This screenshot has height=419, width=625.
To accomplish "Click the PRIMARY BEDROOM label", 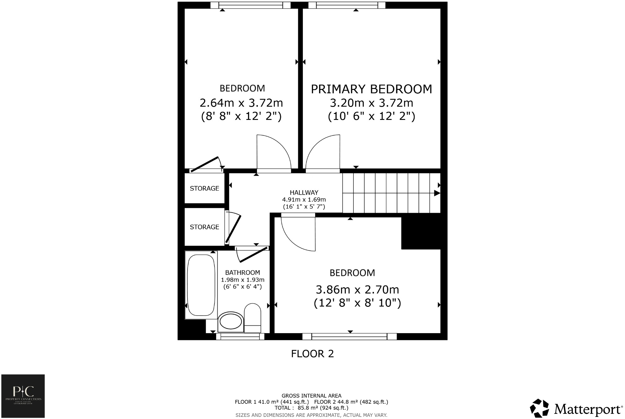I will pyautogui.click(x=371, y=89).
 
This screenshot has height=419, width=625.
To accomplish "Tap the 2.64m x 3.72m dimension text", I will pyautogui.click(x=241, y=103).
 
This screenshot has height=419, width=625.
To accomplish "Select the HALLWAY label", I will pyautogui.click(x=304, y=192).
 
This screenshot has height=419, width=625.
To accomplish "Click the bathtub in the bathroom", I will pyautogui.click(x=201, y=284).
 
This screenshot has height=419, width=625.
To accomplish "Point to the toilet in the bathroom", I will pyautogui.click(x=253, y=318).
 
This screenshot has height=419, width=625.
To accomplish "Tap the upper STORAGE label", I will pyautogui.click(x=204, y=188).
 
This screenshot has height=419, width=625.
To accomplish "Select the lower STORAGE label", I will pyautogui.click(x=204, y=227).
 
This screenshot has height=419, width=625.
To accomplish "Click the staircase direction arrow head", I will pyautogui.click(x=437, y=193).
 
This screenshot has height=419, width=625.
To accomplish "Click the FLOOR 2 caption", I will pyautogui.click(x=312, y=354).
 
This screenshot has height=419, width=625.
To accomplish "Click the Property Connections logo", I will pyautogui.click(x=23, y=396).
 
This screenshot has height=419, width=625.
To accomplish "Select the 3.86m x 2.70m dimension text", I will pyautogui.click(x=357, y=290).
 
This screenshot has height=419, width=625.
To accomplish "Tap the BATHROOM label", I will pyautogui.click(x=242, y=273).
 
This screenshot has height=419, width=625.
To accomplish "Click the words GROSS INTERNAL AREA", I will pyautogui.click(x=311, y=396).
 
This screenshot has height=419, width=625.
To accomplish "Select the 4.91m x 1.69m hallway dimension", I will pyautogui.click(x=304, y=200).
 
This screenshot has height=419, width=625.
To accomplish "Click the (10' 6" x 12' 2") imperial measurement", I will pyautogui.click(x=371, y=116).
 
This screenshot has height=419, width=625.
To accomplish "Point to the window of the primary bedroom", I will pyautogui.click(x=347, y=5).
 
